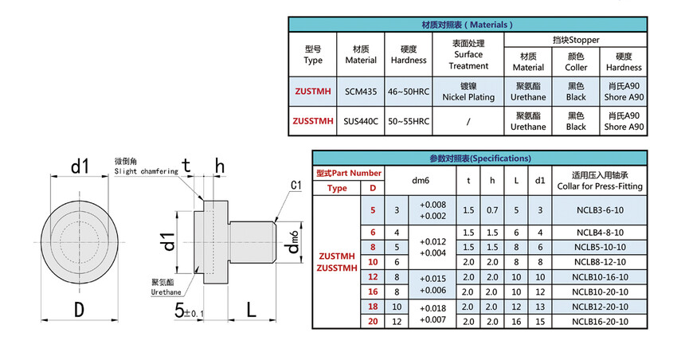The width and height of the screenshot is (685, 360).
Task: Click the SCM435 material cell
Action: pyautogui.click(x=360, y=92)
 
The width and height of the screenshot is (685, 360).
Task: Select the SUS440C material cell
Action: pyautogui.click(x=360, y=121)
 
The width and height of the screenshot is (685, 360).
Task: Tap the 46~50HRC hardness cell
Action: pyautogui.click(x=409, y=92)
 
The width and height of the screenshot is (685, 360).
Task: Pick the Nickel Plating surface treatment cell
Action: pyautogui.click(x=468, y=92)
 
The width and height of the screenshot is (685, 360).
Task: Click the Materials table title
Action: pyautogui.click(x=468, y=25)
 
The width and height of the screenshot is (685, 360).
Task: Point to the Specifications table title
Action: pyautogui.click(x=480, y=158)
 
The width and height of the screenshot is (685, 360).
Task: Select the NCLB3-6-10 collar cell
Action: pyautogui.click(x=600, y=210)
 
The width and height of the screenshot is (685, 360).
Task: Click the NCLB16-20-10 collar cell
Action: pyautogui.click(x=600, y=322)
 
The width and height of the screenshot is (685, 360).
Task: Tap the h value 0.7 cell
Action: pyautogui.click(x=492, y=210)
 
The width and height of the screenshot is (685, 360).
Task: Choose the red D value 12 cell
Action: pyautogui.click(x=373, y=277)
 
